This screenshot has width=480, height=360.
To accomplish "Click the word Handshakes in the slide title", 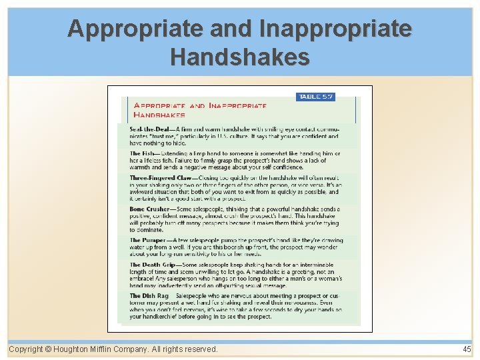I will [x=240, y=57].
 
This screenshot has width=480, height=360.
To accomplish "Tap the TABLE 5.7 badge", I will [x=315, y=97].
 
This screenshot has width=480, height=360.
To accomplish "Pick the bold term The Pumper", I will [x=148, y=240].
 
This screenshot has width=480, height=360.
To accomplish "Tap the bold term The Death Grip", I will [x=153, y=265].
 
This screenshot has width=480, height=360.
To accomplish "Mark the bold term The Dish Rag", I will [x=149, y=295].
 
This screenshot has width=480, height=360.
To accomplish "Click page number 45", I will [x=466, y=349].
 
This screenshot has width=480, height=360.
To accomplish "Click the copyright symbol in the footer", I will [x=49, y=349].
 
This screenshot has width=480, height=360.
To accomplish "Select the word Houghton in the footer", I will [x=74, y=349].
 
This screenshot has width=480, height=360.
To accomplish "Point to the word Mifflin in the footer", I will [x=107, y=349].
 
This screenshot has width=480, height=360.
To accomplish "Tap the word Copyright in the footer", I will [x=26, y=349].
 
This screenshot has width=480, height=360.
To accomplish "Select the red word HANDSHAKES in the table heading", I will [x=159, y=115].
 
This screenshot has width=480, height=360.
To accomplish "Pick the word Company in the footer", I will [x=141, y=349].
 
